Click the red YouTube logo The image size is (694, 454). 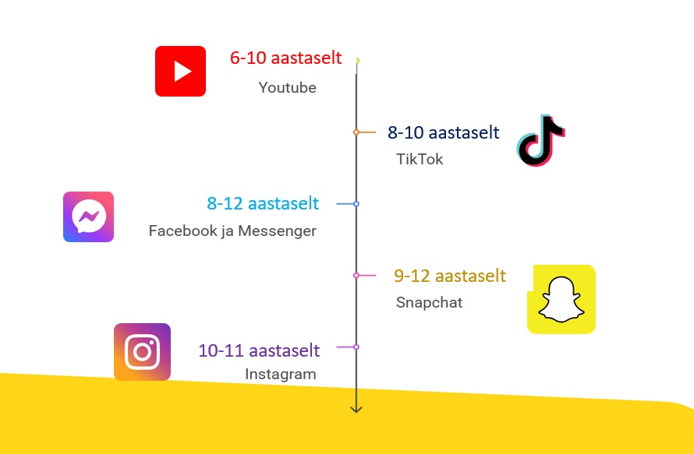click(181, 71)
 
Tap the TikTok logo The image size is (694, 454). click(540, 141)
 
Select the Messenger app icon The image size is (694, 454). click(89, 216)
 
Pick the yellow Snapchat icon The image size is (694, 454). click(561, 299)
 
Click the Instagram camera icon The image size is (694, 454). click(142, 352)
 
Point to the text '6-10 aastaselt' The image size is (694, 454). click(286, 58)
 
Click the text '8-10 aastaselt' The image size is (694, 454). click(444, 132)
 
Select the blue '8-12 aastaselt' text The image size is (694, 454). click(263, 203)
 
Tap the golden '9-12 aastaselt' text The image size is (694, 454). click(450, 276)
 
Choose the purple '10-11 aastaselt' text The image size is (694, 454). click(259, 350)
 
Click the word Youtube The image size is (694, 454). click(287, 87)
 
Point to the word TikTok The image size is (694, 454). click(420, 159)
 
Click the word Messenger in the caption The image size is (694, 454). click(277, 231)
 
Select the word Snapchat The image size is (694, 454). click(430, 302)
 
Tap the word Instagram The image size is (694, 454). click(281, 374)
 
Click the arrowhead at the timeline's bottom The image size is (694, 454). click(356, 410)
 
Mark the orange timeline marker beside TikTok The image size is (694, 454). click(356, 132)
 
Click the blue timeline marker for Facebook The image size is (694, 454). click(356, 204)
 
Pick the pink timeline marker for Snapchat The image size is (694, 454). click(356, 276)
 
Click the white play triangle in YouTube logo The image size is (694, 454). click(182, 71)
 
